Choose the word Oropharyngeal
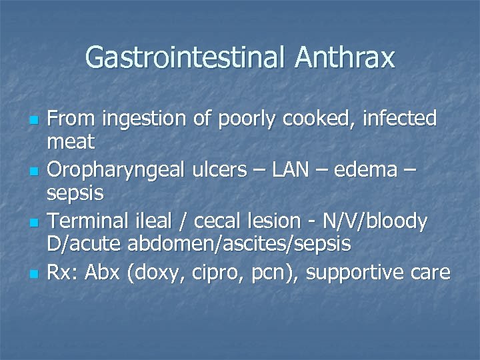[x=118, y=171]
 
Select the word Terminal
[x=90, y=221]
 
